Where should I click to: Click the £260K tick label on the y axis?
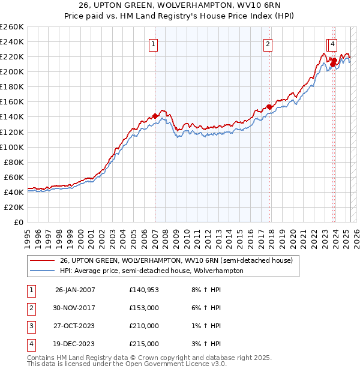tap(12, 27)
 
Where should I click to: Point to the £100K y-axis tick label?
tap(12, 147)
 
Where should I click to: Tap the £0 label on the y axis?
tap(19, 222)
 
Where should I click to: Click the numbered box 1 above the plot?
tap(154, 43)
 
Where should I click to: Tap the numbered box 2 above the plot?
tap(268, 43)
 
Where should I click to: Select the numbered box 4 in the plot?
tap(332, 43)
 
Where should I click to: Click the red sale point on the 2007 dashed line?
tap(155, 116)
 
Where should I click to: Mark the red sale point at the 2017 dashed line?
tap(269, 107)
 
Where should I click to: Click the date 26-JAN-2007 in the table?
tap(75, 290)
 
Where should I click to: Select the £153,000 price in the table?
tap(144, 308)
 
